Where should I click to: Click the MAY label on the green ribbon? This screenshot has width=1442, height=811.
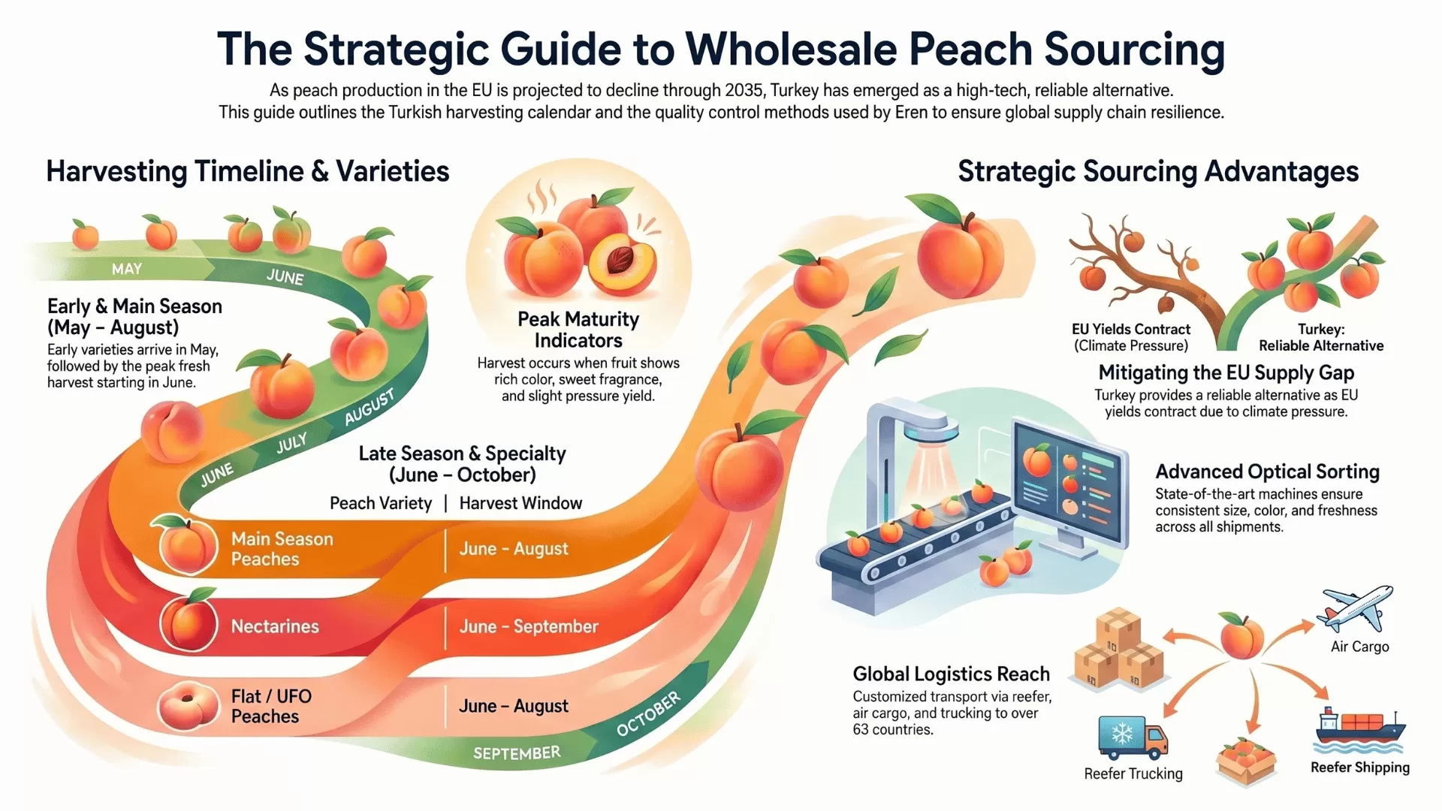[x=126, y=269]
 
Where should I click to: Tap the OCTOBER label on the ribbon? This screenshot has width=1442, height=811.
[x=648, y=713]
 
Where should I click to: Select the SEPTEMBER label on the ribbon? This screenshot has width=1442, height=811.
[x=517, y=753]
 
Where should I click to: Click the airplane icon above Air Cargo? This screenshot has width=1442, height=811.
[x=1356, y=608]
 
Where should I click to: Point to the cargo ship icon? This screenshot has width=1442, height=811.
[x=1359, y=728]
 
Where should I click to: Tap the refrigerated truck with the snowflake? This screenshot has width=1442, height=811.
[x=1133, y=737]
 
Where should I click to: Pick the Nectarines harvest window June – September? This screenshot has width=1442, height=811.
[x=529, y=626]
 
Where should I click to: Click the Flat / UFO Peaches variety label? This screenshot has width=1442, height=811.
[x=270, y=706]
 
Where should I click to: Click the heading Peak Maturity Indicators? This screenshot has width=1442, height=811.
[x=578, y=330]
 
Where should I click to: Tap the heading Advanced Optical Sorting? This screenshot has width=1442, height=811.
[x=1267, y=472]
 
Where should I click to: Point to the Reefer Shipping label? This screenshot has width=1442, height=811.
[x=1359, y=767]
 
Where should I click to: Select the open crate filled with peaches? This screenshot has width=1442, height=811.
[x=1246, y=760]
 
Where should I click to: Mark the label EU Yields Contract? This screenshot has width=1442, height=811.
[x=1131, y=329]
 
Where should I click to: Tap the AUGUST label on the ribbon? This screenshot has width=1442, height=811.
[x=369, y=407]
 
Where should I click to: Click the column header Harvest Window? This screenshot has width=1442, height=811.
[x=520, y=503]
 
